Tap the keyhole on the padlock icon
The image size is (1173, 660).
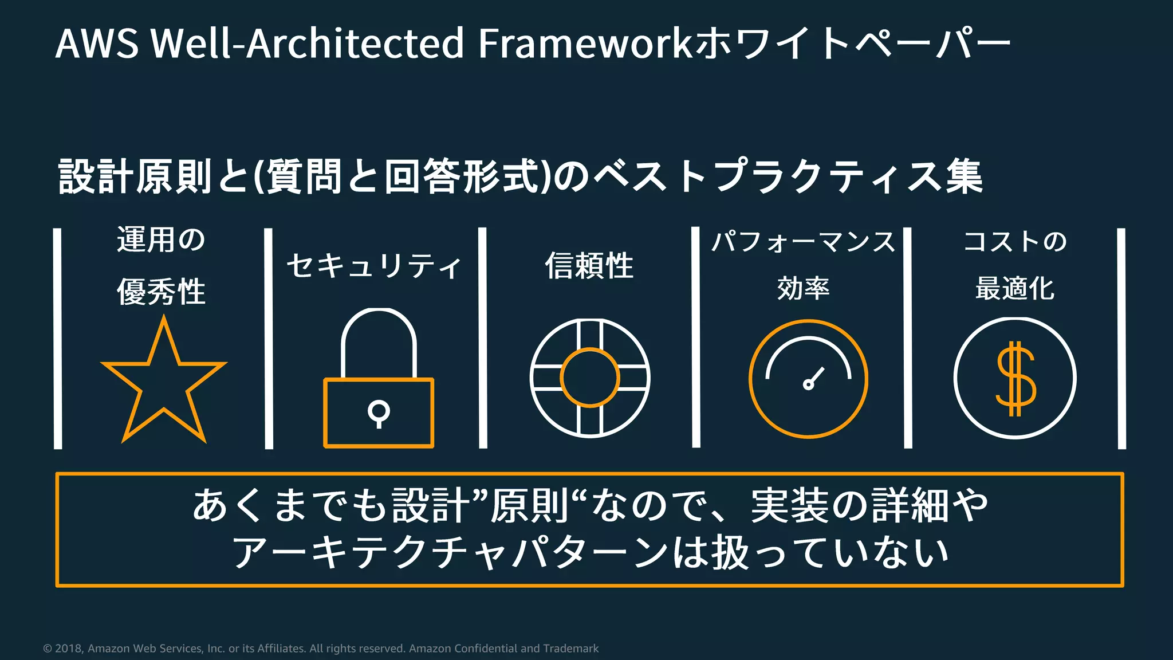pyautogui.click(x=379, y=412)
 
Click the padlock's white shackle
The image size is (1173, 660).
pyautogui.click(x=379, y=319)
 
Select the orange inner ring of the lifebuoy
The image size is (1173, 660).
pyautogui.click(x=590, y=350)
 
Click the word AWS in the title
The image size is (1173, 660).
pyautogui.click(x=97, y=44)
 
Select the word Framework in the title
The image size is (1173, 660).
pyautogui.click(x=585, y=44)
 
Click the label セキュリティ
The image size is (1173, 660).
pyautogui.click(x=374, y=266)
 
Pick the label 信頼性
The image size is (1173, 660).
pyautogui.click(x=589, y=266)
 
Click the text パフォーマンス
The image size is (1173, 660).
pyautogui.click(x=803, y=242)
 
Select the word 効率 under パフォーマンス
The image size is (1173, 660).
pyautogui.click(x=803, y=288)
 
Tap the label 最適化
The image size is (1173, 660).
pyautogui.click(x=1015, y=288)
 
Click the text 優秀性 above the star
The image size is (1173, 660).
pyautogui.click(x=162, y=292)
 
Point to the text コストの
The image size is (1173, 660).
pyautogui.click(x=1015, y=242)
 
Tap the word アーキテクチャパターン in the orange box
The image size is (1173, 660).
pyautogui.click(x=450, y=553)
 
